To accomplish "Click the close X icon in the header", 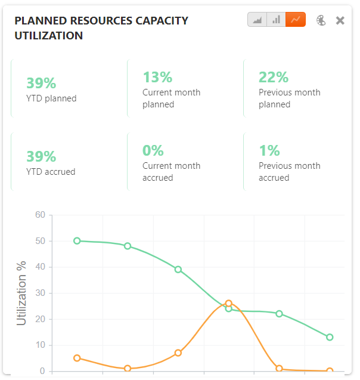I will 340,20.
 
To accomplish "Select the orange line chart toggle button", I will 296,20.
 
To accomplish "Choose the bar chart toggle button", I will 277,20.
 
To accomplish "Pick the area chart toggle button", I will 257,20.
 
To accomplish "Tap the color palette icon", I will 321,20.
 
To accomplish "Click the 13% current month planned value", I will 157,77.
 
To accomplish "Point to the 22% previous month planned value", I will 274,77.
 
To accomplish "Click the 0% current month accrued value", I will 153,150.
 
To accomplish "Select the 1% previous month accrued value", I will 269,150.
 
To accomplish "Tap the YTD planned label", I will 51,98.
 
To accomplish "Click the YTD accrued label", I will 51,172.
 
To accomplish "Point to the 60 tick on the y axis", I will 40,215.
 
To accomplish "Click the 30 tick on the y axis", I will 40,293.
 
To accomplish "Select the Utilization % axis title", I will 22,293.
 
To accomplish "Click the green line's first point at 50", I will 77,241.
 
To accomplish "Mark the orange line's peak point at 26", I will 228,303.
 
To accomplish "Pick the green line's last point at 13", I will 330,337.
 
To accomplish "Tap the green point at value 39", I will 178,269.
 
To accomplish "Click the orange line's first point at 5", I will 77,358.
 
